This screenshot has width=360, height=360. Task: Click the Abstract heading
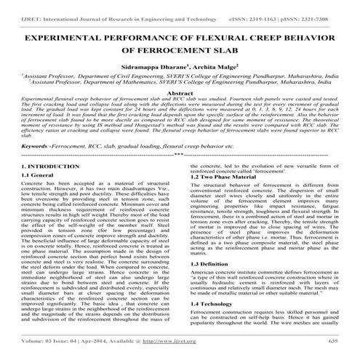click(x=180, y=94)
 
